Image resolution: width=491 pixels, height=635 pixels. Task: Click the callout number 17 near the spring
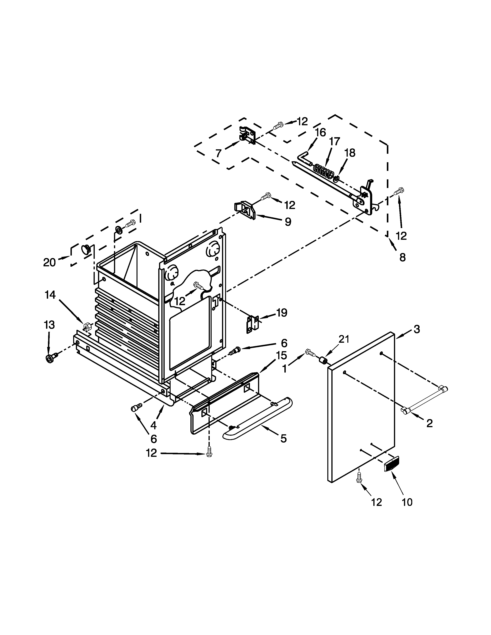point(334,142)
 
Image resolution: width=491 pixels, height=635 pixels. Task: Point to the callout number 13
point(49,325)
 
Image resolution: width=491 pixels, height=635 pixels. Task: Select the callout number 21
point(344,339)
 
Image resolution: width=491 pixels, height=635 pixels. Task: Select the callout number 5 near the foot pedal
point(283,439)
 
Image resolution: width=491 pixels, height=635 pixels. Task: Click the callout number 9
point(287,222)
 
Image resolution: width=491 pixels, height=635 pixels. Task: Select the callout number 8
point(402,257)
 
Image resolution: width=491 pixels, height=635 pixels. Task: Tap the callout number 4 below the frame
point(153,425)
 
